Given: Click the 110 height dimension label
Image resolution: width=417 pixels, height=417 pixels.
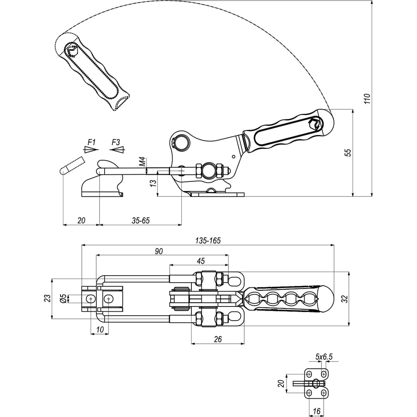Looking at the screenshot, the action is tap(367, 99).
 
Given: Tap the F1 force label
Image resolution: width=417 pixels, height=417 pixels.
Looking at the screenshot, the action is tap(91, 142).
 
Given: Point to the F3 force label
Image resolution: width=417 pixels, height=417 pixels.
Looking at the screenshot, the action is tap(116, 142).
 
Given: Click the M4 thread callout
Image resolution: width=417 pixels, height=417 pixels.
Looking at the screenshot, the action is tap(143, 162).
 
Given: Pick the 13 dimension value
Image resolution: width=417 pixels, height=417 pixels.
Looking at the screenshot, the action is tap(153, 183).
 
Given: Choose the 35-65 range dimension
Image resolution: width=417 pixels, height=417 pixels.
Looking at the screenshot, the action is tap(141, 221).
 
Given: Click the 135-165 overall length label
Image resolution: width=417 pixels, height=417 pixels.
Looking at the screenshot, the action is tap(208, 241).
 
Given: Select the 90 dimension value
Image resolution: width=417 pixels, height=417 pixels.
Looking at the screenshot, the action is tap(159, 251).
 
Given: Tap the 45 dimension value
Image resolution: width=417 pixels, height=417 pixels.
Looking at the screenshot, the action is tap(201, 261).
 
